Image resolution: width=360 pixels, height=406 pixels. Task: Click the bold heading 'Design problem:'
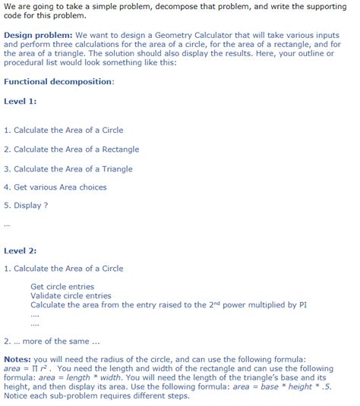(38, 35)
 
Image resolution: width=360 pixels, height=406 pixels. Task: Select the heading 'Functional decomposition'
(58, 81)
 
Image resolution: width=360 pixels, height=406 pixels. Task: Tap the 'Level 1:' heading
(21, 101)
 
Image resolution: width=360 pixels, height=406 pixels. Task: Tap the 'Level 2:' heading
(21, 250)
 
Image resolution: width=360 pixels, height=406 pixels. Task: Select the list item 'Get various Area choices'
(55, 187)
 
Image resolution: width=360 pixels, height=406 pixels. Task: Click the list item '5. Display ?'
(26, 205)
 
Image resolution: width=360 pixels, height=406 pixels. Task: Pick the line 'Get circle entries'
(62, 287)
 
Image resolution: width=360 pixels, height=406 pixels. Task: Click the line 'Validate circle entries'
(71, 295)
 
